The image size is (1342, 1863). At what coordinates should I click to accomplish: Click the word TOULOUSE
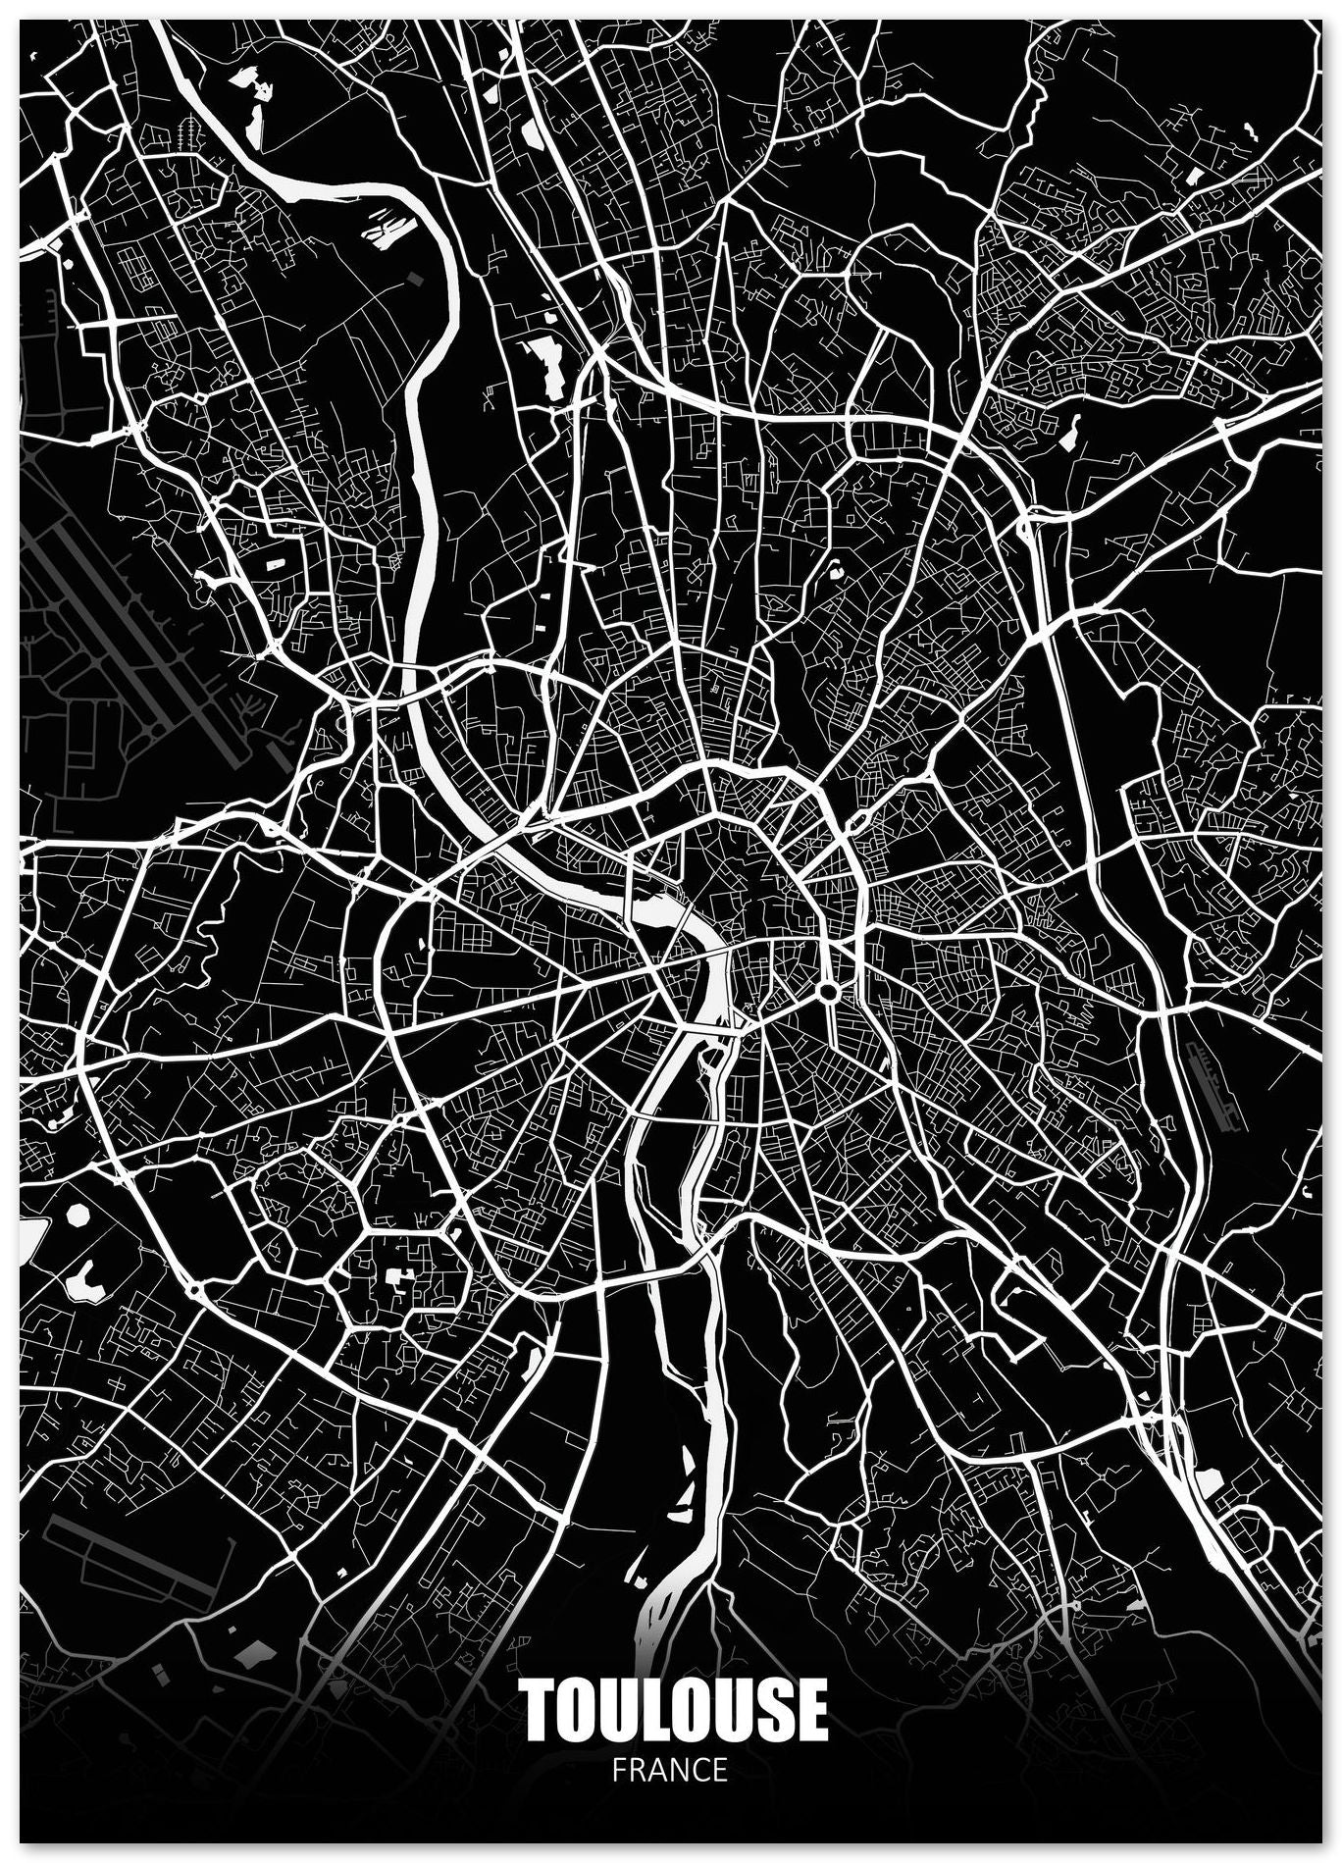674,1709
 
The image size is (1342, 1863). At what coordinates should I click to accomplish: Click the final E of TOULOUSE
810,1710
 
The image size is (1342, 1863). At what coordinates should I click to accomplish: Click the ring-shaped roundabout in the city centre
828,993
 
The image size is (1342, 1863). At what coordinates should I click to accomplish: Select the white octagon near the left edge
78,1215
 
